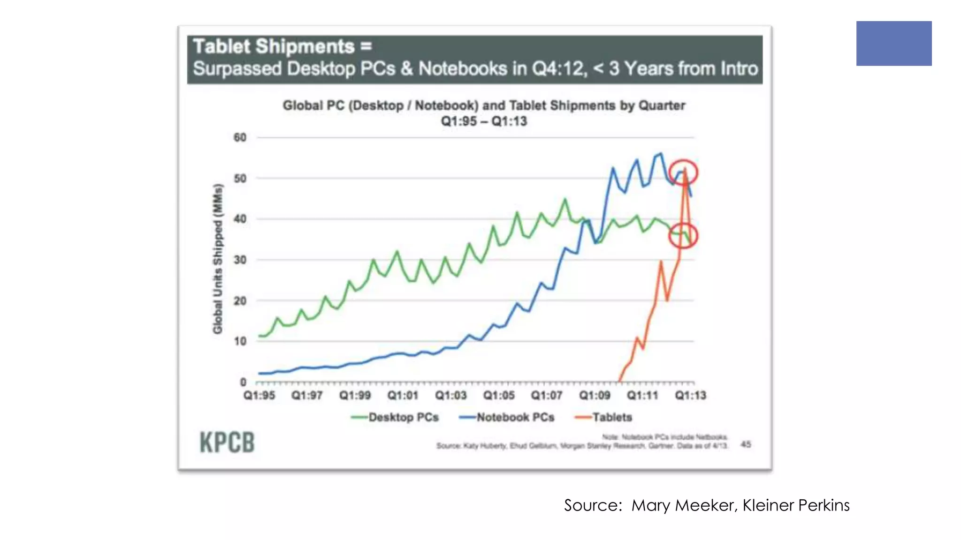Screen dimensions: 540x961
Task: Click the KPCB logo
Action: (227, 442)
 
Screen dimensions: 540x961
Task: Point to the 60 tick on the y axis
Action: (240, 138)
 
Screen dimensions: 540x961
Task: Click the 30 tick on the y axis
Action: (240, 260)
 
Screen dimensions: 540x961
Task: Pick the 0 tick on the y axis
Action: (243, 382)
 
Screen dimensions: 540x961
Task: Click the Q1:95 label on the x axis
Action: (259, 396)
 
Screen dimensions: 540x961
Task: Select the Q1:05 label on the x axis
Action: (499, 396)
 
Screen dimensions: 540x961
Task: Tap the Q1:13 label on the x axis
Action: (690, 396)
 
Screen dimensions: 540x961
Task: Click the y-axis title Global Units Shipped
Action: (217, 259)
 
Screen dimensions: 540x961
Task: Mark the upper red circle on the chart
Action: (683, 172)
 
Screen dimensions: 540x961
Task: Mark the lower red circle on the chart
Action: (683, 236)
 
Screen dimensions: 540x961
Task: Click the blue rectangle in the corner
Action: (893, 43)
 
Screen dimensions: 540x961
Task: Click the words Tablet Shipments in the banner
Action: (274, 46)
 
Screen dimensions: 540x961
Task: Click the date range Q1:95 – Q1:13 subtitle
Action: (484, 121)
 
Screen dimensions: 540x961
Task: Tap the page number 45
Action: (746, 444)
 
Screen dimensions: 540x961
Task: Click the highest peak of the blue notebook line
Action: (661, 153)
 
